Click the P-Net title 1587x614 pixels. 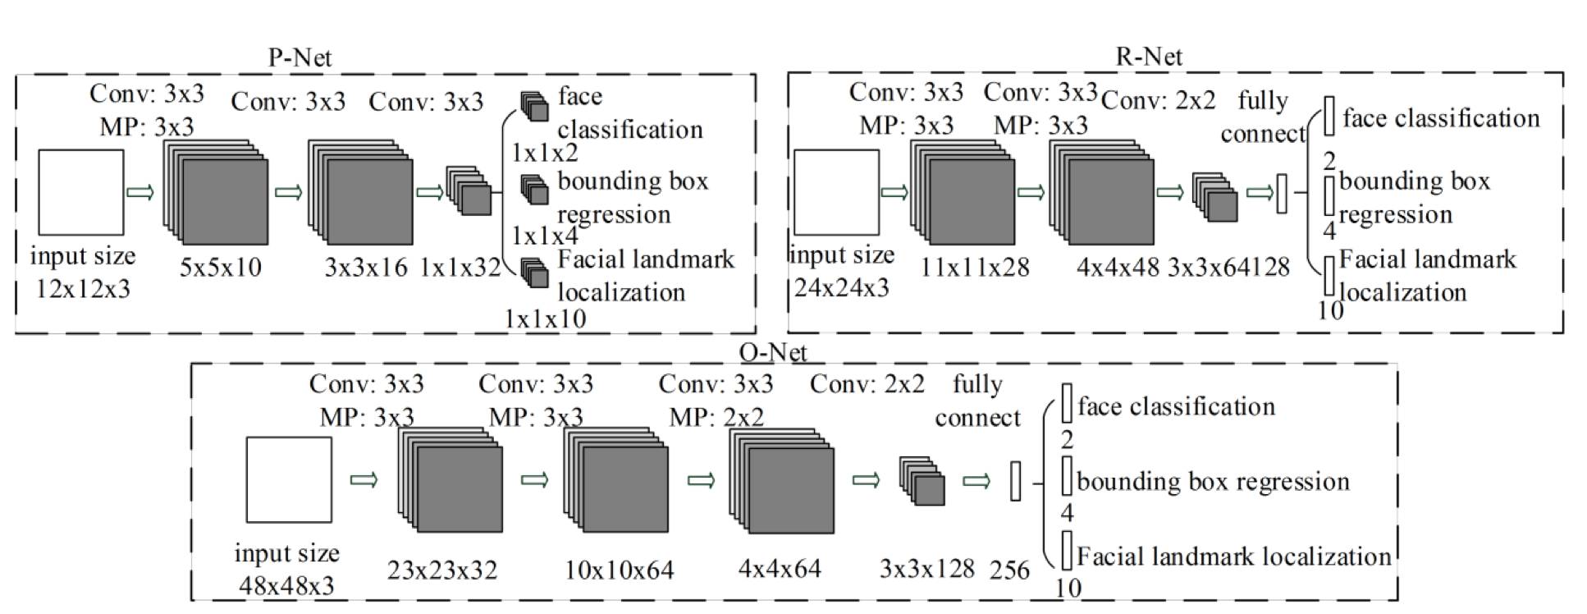coord(300,57)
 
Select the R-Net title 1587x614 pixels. coord(1149,56)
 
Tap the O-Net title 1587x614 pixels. coord(773,352)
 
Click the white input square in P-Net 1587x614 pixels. coord(81,192)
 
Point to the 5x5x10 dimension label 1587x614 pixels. coord(221,267)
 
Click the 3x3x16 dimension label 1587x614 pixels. coord(366,267)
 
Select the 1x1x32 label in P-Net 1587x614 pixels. coord(460,267)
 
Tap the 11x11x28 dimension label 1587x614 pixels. coord(975,267)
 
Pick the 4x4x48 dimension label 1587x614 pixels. coord(1118,267)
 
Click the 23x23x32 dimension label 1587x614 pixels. coord(442,570)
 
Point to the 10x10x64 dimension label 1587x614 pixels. coord(620,570)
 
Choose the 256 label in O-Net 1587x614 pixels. coord(1009,570)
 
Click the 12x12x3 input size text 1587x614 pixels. coord(83,289)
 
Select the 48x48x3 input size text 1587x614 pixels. coord(286,585)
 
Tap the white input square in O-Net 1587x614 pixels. coord(289,479)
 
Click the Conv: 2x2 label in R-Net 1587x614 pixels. coord(1159,100)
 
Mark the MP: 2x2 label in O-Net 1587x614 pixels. coord(716,417)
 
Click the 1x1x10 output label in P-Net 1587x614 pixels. coord(545,318)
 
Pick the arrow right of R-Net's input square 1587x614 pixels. coord(894,192)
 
